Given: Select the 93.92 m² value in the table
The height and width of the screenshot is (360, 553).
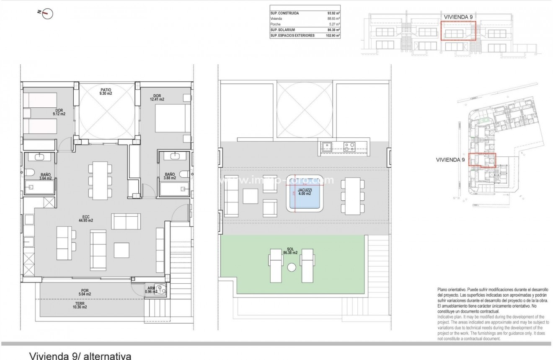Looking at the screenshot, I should pos(333,13).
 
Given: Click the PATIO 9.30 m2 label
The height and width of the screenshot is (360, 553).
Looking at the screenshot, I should pos(105,91).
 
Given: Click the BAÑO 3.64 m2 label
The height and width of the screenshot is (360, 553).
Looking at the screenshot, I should pos(46,176).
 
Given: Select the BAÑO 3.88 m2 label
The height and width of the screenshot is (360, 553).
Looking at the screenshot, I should pos(169,176).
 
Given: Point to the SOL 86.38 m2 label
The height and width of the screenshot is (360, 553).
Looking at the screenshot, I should pos(289,251).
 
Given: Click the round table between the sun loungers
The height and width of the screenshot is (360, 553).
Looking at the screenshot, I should pos(292,267).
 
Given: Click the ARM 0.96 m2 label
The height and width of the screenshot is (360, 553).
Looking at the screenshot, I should pos(150,290).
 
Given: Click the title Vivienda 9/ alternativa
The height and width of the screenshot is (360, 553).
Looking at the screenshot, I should pos(80,355).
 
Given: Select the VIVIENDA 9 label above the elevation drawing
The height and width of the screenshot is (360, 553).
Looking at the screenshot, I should pos(458,17).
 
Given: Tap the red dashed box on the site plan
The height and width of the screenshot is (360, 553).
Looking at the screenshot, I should pos(482,161).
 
